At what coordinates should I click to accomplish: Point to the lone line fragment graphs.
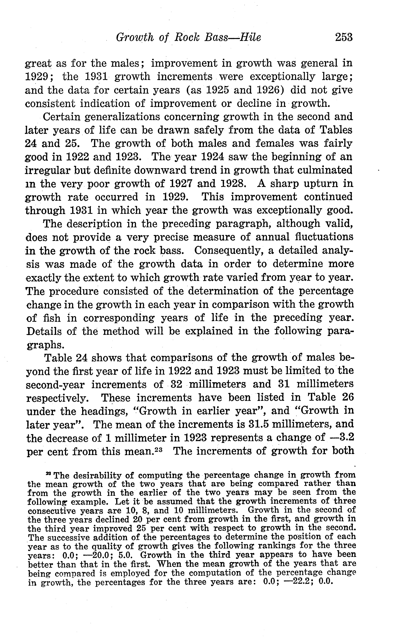(45, 345)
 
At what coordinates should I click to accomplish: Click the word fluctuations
(330, 237)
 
